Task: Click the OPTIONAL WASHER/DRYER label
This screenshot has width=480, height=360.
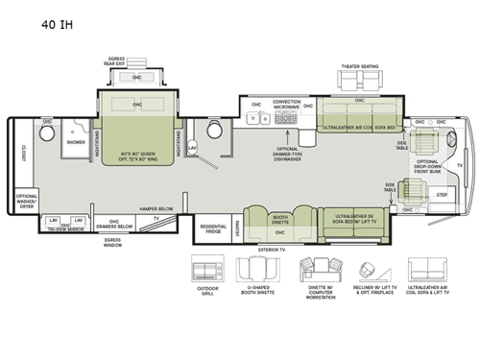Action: click(27, 201)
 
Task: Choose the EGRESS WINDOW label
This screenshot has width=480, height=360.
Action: click(113, 244)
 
